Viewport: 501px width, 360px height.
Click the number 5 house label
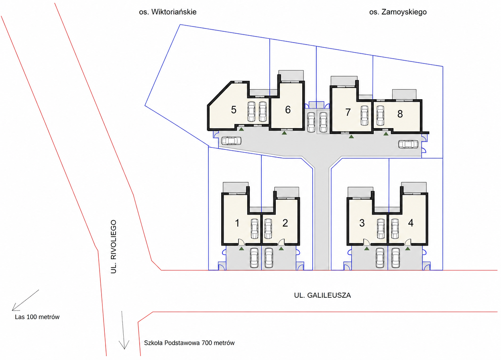click(x=234, y=110)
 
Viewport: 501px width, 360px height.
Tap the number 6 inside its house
click(x=288, y=109)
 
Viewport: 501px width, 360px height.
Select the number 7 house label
click(x=348, y=112)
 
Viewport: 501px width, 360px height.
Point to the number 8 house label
click(x=400, y=114)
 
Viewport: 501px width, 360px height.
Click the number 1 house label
click(x=237, y=223)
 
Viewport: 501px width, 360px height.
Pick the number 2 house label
click(x=285, y=223)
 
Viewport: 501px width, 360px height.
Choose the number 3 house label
click(x=362, y=223)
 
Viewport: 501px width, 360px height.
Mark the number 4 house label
click(x=411, y=223)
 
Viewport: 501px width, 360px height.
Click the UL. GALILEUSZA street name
click(x=322, y=295)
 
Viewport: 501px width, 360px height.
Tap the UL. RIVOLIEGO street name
click(x=114, y=246)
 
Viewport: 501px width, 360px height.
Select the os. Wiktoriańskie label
click(x=168, y=12)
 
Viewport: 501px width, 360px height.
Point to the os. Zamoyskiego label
click(x=398, y=12)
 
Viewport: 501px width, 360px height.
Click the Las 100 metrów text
click(x=37, y=317)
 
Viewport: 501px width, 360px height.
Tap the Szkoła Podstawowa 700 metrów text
click(x=189, y=343)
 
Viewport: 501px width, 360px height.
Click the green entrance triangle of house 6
click(x=284, y=133)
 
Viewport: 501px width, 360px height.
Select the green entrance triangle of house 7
click(x=351, y=136)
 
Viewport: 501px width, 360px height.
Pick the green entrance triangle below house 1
click(x=241, y=248)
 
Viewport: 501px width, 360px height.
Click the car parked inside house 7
click(x=365, y=116)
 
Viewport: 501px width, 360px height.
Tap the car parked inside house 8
click(x=380, y=116)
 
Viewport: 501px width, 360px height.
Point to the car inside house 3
click(x=381, y=229)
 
